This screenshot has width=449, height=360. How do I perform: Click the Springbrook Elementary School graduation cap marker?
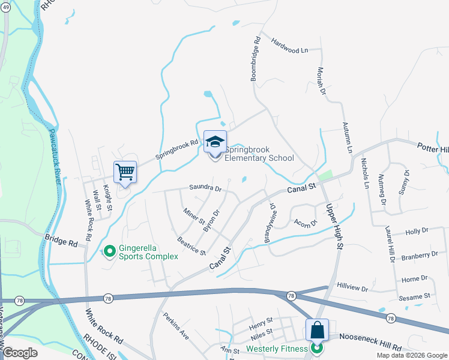(215, 142)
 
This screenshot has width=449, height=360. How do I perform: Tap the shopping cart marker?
(125, 173)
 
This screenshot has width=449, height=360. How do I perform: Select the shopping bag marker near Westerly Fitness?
(317, 330)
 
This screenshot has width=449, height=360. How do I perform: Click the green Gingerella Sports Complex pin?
(109, 251)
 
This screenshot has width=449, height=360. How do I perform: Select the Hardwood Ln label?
(289, 46)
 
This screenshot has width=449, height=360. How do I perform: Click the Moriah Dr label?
(321, 82)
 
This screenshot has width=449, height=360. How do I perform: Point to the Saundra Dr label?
(205, 188)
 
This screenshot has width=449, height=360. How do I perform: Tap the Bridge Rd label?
(61, 241)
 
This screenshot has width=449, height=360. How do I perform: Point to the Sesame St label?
(415, 296)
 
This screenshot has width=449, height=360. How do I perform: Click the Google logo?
(20, 352)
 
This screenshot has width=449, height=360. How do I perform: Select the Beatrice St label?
(191, 245)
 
